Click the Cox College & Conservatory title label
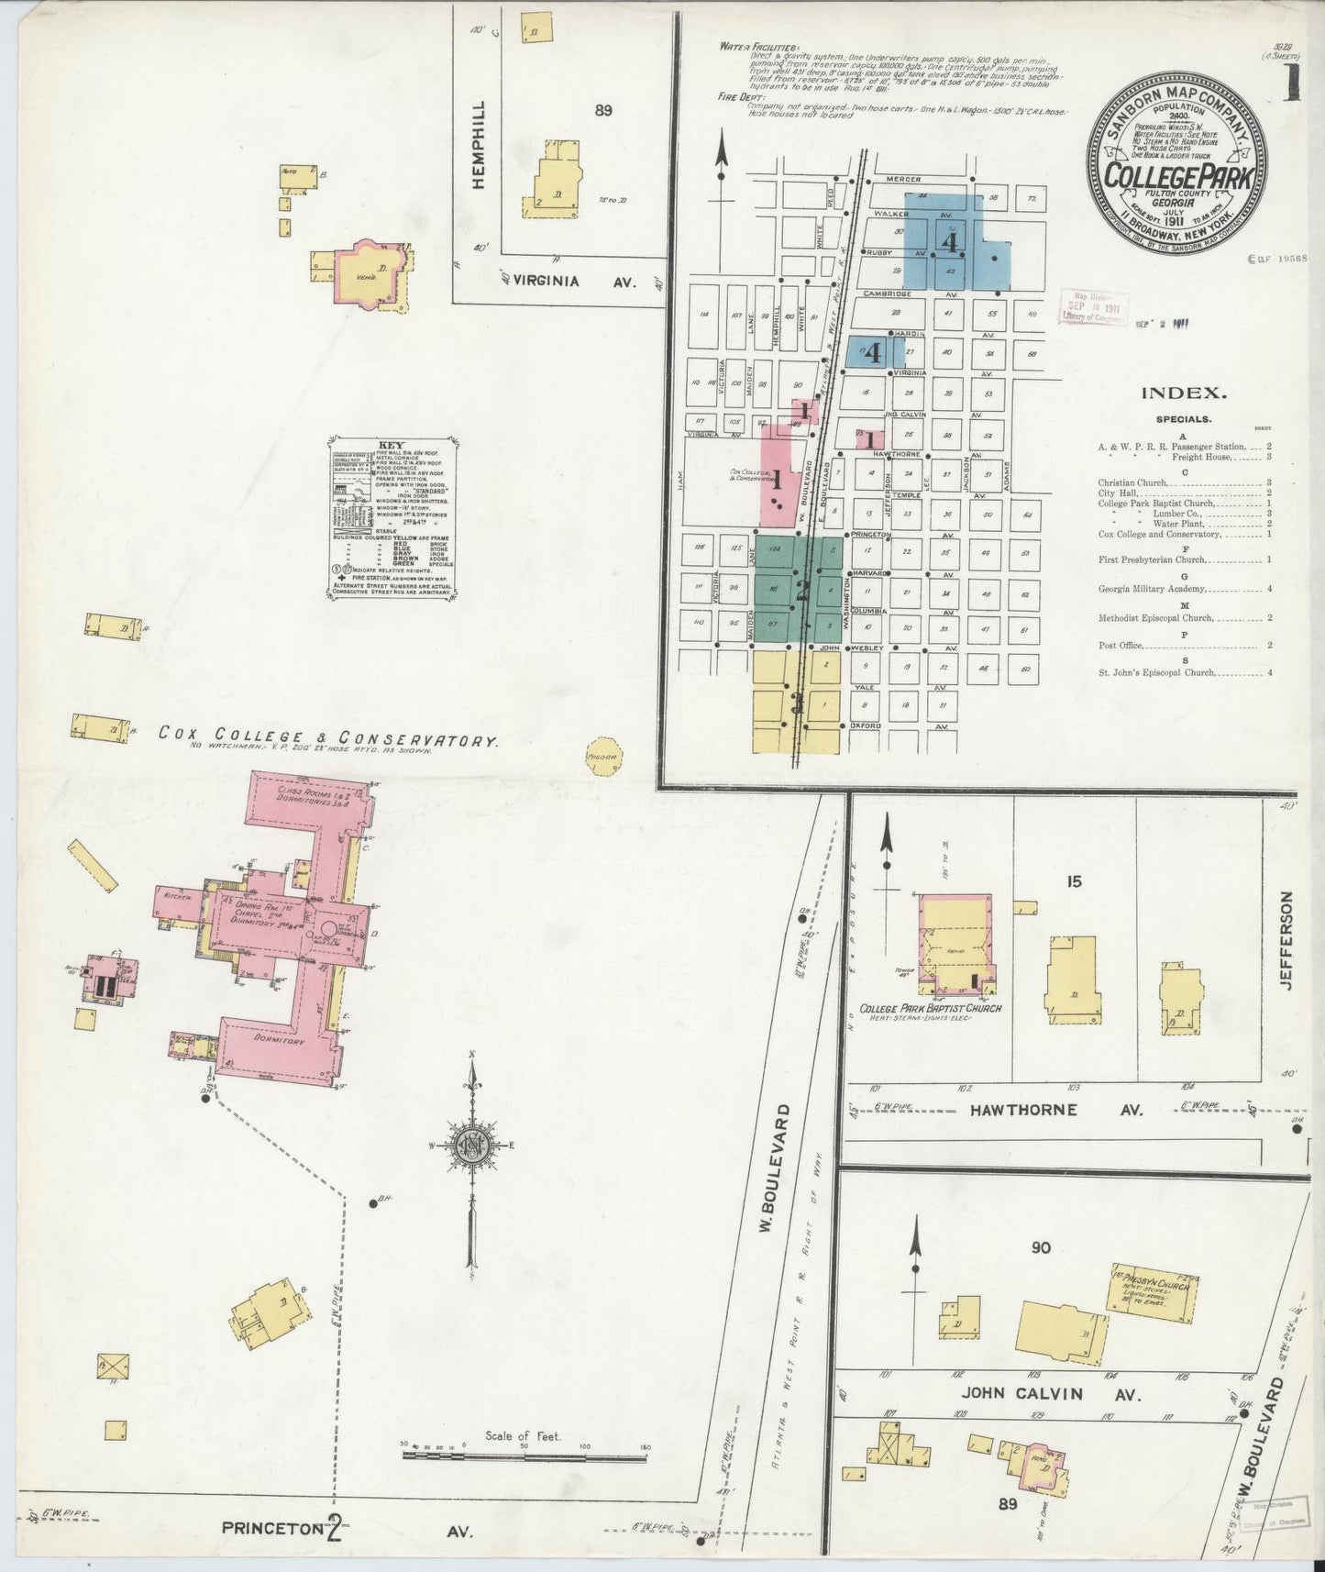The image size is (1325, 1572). click(327, 736)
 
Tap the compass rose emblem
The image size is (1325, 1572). click(470, 1148)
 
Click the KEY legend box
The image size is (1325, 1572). click(393, 518)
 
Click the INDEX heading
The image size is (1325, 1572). click(1183, 393)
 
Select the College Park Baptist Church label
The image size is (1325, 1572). click(930, 1009)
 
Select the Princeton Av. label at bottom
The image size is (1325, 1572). click(348, 1528)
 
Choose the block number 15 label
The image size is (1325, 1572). click(1074, 882)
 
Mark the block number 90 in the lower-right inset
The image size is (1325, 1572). click(1041, 1248)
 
